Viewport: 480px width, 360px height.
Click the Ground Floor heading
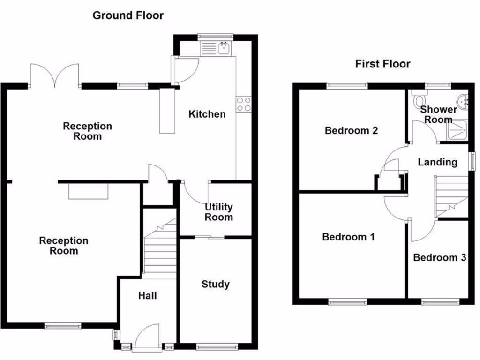pos(128,15)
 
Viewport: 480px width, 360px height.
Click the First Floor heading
pos(382,64)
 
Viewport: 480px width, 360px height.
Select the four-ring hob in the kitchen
pos(244,104)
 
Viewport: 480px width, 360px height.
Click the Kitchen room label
pos(207,114)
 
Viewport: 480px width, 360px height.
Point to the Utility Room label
pos(218,212)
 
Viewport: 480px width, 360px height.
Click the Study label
pos(215,284)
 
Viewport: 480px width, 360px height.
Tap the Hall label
pos(147,296)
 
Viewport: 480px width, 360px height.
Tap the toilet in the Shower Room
pos(420,101)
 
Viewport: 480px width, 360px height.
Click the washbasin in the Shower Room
pos(464,100)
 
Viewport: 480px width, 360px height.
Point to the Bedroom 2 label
pos(351,130)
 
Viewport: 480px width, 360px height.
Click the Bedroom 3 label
pos(439,257)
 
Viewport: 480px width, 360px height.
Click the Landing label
pos(437,162)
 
